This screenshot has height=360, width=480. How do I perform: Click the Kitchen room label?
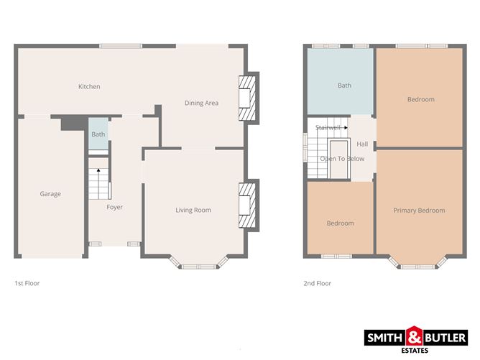(x=89, y=87)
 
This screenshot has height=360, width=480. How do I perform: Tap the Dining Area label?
(x=201, y=103)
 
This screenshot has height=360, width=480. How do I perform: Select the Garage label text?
(x=50, y=194)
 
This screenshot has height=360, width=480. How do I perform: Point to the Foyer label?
(x=114, y=207)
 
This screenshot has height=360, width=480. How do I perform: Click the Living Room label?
(x=193, y=210)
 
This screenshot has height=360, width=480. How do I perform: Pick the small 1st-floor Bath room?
(x=98, y=134)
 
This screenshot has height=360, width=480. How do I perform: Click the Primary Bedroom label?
(x=419, y=211)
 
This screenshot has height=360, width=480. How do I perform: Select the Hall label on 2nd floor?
(x=362, y=144)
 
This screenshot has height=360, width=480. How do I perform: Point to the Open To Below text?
(x=342, y=159)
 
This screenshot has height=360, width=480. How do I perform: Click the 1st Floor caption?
(x=27, y=283)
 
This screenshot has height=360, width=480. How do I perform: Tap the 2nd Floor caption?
(x=317, y=283)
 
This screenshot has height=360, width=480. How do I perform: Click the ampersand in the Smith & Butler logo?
(x=415, y=336)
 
